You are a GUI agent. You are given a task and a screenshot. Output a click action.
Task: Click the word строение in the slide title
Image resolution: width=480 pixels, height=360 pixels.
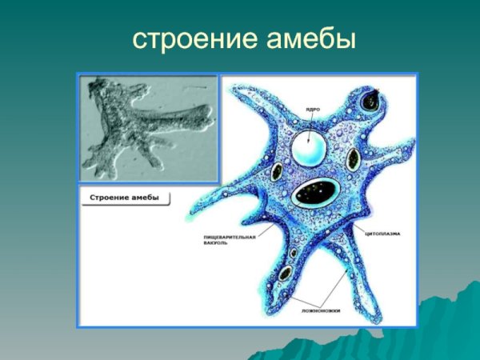[186, 38]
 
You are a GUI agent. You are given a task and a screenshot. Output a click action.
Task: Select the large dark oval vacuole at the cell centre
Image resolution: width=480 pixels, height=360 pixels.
[316, 192]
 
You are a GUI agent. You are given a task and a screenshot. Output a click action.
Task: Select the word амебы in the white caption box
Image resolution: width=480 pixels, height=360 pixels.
[145, 198]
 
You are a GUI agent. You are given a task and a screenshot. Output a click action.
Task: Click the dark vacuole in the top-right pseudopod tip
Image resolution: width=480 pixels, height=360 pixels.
[372, 102]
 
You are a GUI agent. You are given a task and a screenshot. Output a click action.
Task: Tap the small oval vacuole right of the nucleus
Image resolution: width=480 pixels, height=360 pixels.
[350, 159]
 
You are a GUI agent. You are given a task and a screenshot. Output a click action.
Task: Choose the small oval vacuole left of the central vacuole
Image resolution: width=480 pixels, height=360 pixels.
[277, 172]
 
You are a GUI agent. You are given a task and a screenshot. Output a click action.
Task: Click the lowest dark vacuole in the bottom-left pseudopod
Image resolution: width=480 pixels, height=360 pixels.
[284, 274]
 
